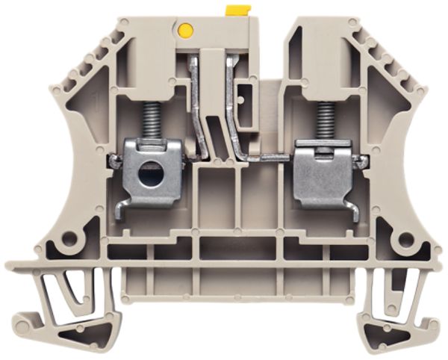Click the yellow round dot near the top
186,31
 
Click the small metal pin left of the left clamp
113,160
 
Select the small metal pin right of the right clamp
361,160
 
